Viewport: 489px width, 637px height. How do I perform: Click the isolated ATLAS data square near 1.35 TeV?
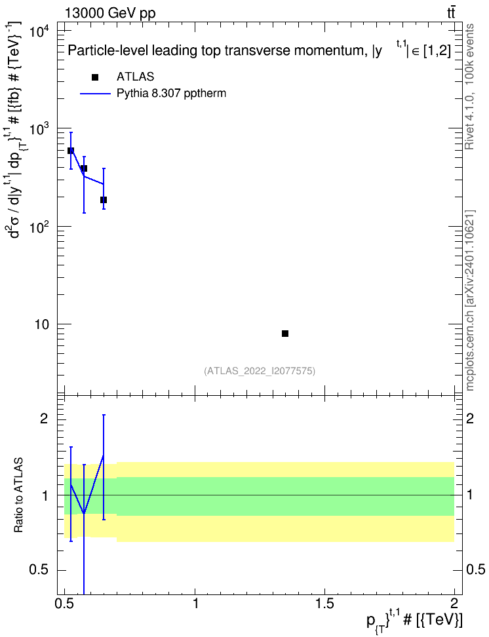point(285,334)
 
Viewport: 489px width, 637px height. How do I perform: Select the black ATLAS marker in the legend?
point(95,77)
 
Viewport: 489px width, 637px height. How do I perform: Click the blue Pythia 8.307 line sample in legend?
point(95,94)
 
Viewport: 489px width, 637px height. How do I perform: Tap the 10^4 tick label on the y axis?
point(41,31)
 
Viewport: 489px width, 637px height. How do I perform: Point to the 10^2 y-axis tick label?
point(41,227)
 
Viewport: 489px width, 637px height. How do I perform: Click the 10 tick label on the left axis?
point(42,325)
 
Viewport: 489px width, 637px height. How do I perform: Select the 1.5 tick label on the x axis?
point(324,604)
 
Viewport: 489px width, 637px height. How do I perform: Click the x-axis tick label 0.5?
point(65,604)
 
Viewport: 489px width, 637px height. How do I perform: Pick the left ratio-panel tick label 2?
point(44,419)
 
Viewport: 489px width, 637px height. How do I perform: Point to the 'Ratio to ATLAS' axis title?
point(19,495)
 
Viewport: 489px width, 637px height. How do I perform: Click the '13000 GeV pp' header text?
point(110,14)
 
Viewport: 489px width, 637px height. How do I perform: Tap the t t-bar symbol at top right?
point(451,12)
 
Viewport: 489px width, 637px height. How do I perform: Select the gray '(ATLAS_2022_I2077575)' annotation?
point(260,371)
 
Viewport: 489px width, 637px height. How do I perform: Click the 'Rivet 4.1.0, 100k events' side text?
point(469,87)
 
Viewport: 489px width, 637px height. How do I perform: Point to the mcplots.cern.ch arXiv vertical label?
point(470,301)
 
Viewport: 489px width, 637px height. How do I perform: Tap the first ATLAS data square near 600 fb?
point(71,151)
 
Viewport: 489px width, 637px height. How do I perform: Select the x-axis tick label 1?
point(195,604)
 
